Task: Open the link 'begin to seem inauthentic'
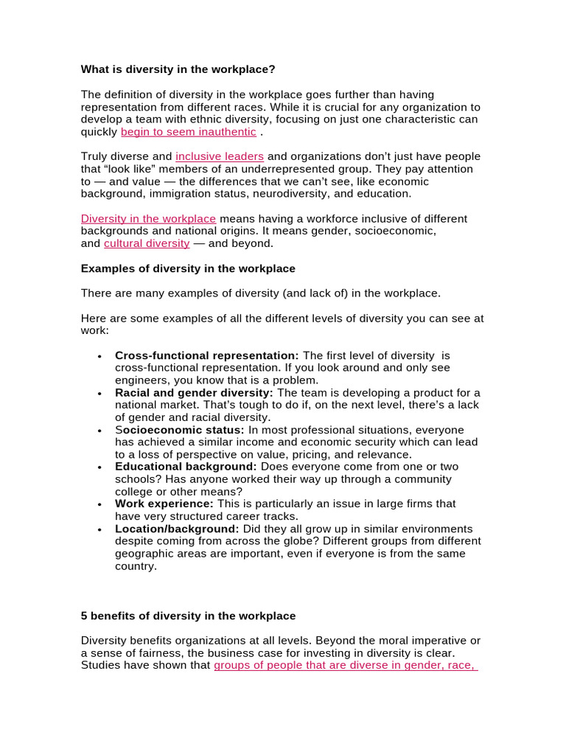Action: (x=189, y=132)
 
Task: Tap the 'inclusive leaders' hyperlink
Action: (x=220, y=156)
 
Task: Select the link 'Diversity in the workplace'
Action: (x=148, y=219)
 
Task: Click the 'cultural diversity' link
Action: (x=147, y=243)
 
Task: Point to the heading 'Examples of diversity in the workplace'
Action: (x=188, y=268)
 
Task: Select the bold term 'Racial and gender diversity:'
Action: (x=194, y=393)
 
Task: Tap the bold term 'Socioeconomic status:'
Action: (x=180, y=430)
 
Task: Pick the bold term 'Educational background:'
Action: (x=186, y=467)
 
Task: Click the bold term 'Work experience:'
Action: (x=164, y=504)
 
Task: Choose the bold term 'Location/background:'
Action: (x=177, y=529)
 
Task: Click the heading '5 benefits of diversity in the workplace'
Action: (x=188, y=616)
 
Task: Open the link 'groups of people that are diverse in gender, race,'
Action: (x=346, y=666)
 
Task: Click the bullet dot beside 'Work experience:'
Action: (x=99, y=504)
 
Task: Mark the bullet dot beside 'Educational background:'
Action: (x=99, y=467)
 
